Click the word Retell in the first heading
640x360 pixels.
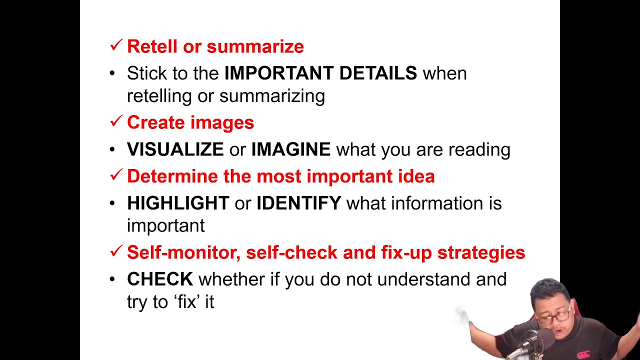(152, 46)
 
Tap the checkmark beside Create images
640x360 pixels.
(116, 121)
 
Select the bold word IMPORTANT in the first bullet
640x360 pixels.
(278, 73)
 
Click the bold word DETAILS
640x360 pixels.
(378, 73)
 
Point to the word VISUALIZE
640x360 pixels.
(175, 149)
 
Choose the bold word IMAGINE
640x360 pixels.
(290, 149)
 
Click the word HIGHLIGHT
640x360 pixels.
(177, 203)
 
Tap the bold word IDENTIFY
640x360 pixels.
(298, 203)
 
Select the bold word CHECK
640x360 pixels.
(159, 279)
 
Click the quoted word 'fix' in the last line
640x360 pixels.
(188, 302)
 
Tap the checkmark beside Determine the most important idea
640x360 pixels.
(116, 175)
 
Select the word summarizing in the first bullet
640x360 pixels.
(272, 96)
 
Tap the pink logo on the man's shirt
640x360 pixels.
(583, 354)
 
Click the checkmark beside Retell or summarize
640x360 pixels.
(116, 45)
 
